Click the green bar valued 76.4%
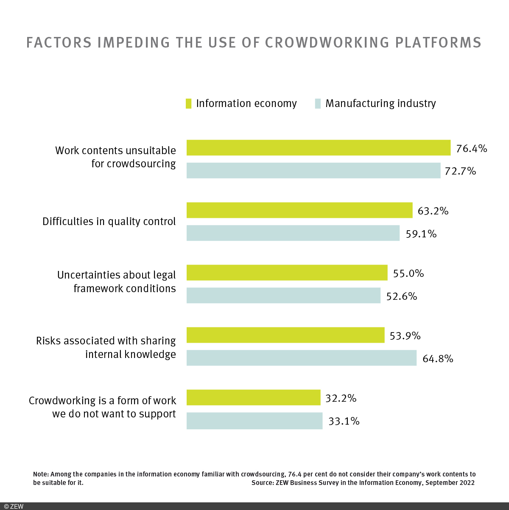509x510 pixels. (318, 148)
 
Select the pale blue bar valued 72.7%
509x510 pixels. (313, 171)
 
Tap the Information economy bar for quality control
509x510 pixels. (299, 210)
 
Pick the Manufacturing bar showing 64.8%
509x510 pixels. (301, 358)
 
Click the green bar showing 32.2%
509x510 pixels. (253, 397)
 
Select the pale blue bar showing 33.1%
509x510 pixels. (254, 421)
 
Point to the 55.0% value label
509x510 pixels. (408, 273)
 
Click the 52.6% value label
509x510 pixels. (401, 296)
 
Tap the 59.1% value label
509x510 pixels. (421, 234)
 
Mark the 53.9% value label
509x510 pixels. (405, 336)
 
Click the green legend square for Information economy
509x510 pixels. (189, 104)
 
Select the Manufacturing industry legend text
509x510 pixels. (380, 104)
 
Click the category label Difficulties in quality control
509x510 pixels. (109, 222)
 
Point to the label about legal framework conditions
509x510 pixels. (117, 282)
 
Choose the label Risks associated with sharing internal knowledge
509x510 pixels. (106, 347)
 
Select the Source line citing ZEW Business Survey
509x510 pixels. (363, 483)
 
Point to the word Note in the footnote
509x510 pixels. (40, 474)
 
